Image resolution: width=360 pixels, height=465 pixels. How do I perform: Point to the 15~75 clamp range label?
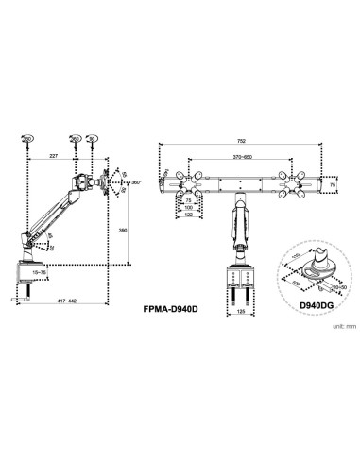(x=39, y=272)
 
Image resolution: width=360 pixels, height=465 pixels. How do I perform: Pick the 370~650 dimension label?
(x=241, y=158)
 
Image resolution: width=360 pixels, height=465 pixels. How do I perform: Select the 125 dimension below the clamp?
(x=242, y=308)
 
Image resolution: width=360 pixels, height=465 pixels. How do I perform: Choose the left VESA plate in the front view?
(x=192, y=183)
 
